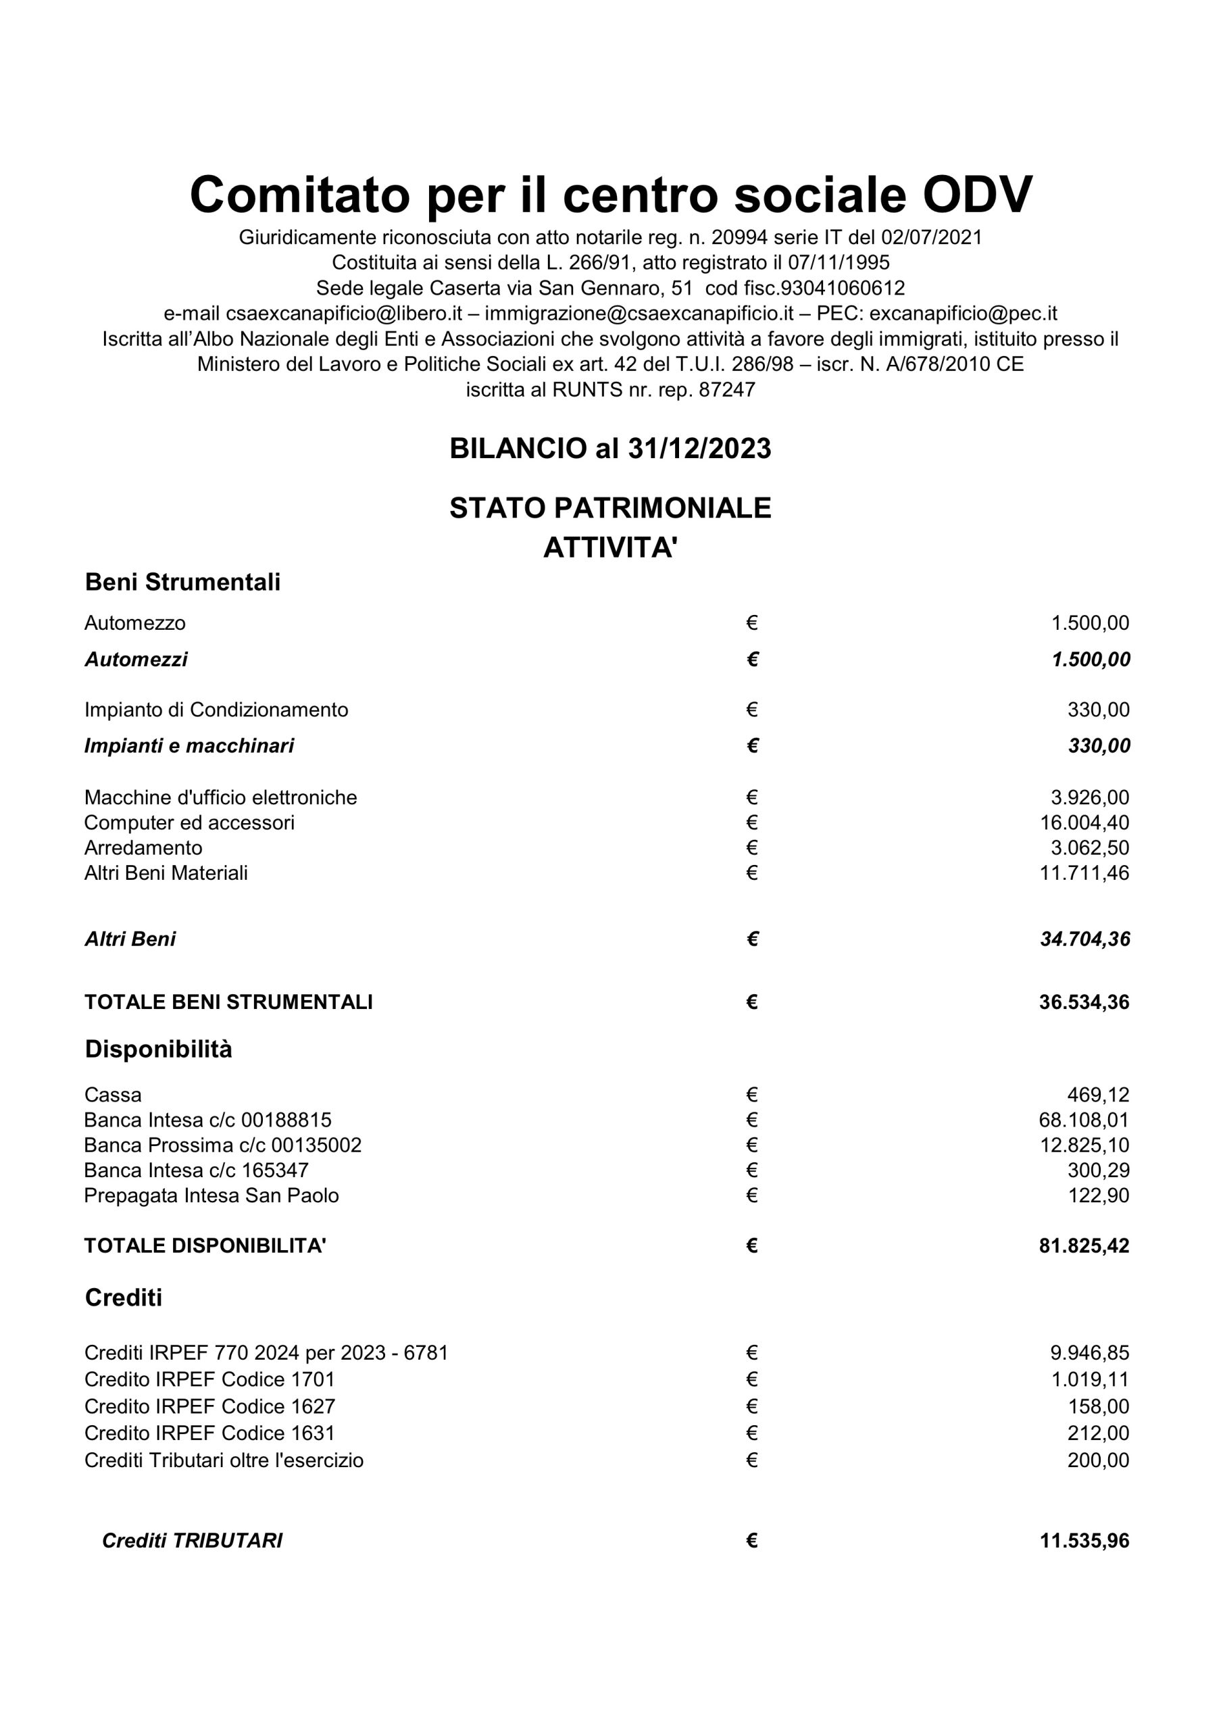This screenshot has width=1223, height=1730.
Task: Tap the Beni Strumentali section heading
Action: point(182,583)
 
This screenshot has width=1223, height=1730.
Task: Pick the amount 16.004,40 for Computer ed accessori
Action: point(1084,823)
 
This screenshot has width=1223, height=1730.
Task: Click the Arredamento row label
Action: point(143,847)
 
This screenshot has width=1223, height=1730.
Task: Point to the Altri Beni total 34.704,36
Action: point(1085,939)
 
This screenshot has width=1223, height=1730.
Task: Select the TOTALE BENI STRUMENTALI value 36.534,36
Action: point(1084,1002)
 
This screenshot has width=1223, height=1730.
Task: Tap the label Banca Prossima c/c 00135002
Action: point(223,1145)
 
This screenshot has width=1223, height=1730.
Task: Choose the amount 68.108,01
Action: point(1084,1120)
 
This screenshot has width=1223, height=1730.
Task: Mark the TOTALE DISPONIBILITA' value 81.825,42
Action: point(1084,1246)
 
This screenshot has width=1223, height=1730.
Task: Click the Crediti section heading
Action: point(124,1298)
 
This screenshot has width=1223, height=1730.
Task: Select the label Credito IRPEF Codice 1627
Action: point(209,1407)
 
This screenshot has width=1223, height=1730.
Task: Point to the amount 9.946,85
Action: point(1090,1354)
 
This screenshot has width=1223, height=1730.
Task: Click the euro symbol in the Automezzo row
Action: point(752,623)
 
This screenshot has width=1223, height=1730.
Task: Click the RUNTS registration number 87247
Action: point(726,391)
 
